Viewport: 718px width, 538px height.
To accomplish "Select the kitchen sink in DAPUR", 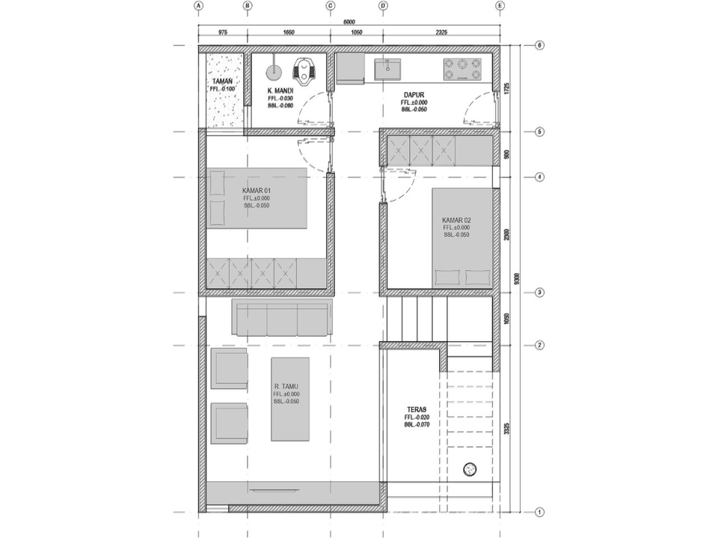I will [x=388, y=68].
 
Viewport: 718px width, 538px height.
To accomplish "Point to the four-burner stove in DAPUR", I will [x=463, y=69].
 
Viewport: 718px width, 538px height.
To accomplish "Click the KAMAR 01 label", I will [x=257, y=190].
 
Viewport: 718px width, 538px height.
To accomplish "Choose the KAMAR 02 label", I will [x=456, y=220].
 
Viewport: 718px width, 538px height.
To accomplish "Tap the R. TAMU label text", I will [x=286, y=386].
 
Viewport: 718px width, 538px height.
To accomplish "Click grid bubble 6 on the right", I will [x=539, y=45].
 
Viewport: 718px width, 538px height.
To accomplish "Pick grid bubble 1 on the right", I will [x=539, y=512].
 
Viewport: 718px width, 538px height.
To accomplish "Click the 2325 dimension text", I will [x=441, y=33].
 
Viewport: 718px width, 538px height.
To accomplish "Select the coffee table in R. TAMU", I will [x=291, y=398].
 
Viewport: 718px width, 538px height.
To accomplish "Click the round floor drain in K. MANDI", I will [x=274, y=72].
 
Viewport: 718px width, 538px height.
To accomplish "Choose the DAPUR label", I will [x=414, y=95].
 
